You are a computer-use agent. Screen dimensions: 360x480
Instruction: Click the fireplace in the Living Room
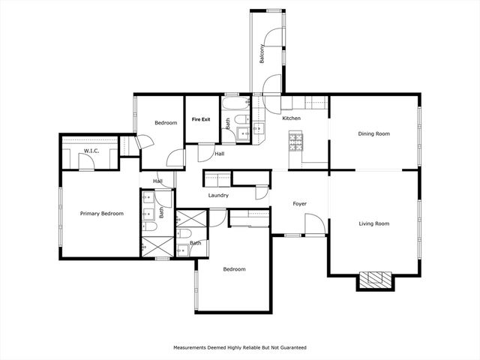pos(374,280)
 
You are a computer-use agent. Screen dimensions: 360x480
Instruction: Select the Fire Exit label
pos(200,119)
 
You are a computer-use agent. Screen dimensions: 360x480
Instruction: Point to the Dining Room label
pos(373,133)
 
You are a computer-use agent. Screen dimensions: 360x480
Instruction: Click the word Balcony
pos(262,55)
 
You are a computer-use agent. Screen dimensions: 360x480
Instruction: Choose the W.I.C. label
pos(91,151)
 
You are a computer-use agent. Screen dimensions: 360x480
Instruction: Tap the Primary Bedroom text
pos(101,214)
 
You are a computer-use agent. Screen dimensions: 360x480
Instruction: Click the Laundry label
pos(218,196)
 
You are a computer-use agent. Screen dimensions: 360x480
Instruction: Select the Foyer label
pos(300,203)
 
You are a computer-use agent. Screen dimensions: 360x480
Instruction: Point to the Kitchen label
pos(291,118)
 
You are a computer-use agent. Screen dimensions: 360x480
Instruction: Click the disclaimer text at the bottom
pos(240,348)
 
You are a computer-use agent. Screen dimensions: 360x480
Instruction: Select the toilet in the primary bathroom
pos(149,226)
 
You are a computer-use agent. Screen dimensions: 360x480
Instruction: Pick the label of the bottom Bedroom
pos(234,269)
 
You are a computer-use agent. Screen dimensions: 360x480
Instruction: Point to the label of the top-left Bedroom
pos(166,122)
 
